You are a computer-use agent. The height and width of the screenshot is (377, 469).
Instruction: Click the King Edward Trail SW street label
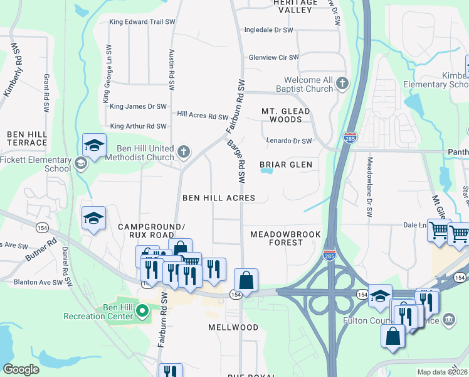click(x=142, y=22)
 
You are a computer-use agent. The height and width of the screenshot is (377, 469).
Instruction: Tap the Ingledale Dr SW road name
click(x=269, y=30)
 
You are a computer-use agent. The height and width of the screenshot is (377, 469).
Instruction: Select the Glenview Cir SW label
click(x=273, y=57)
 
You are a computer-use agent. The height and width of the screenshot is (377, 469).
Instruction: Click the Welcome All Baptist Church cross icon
click(x=342, y=83)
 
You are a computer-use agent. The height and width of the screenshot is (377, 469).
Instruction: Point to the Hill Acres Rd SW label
click(x=203, y=116)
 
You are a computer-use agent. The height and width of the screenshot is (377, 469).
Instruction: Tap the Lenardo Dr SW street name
click(x=288, y=141)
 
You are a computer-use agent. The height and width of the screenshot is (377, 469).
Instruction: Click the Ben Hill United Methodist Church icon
click(x=183, y=151)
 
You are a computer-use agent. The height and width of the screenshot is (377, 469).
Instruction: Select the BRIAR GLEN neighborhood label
click(x=285, y=165)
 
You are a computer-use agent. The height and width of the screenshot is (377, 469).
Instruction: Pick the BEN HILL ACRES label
click(x=218, y=198)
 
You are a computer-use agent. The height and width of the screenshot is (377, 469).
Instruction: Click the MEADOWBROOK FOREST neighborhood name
click(x=285, y=238)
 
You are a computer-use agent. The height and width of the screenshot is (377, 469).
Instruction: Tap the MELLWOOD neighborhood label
click(x=233, y=327)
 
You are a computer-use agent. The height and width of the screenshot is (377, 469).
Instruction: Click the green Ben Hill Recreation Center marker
click(x=142, y=310)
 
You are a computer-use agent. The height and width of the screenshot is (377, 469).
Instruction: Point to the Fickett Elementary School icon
click(x=80, y=164)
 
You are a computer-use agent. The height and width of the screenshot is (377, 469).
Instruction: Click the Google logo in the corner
click(x=21, y=369)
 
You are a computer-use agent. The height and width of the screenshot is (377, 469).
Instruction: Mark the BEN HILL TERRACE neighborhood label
click(x=27, y=138)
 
